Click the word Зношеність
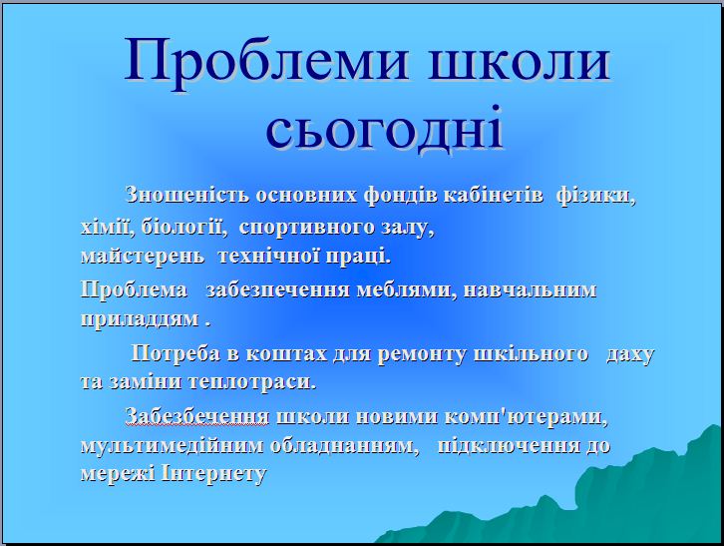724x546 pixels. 187,195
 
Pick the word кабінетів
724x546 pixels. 493,195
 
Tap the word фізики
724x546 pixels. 595,196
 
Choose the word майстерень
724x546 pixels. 143,256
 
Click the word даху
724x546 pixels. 630,354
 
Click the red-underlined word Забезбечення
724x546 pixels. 197,416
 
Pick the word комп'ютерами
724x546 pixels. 526,417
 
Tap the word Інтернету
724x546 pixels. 214,474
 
